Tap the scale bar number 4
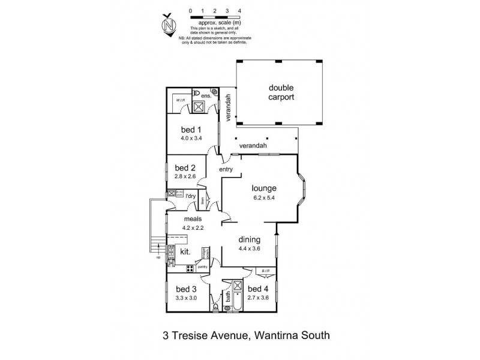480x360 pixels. tap(240, 11)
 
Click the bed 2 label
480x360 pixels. tap(185, 167)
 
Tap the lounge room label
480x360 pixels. tap(265, 187)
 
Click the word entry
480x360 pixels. tap(226, 170)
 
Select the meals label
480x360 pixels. tap(193, 219)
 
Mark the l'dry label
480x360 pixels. tap(191, 196)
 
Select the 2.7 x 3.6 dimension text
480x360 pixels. tap(258, 298)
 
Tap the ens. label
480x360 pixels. tap(207, 96)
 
